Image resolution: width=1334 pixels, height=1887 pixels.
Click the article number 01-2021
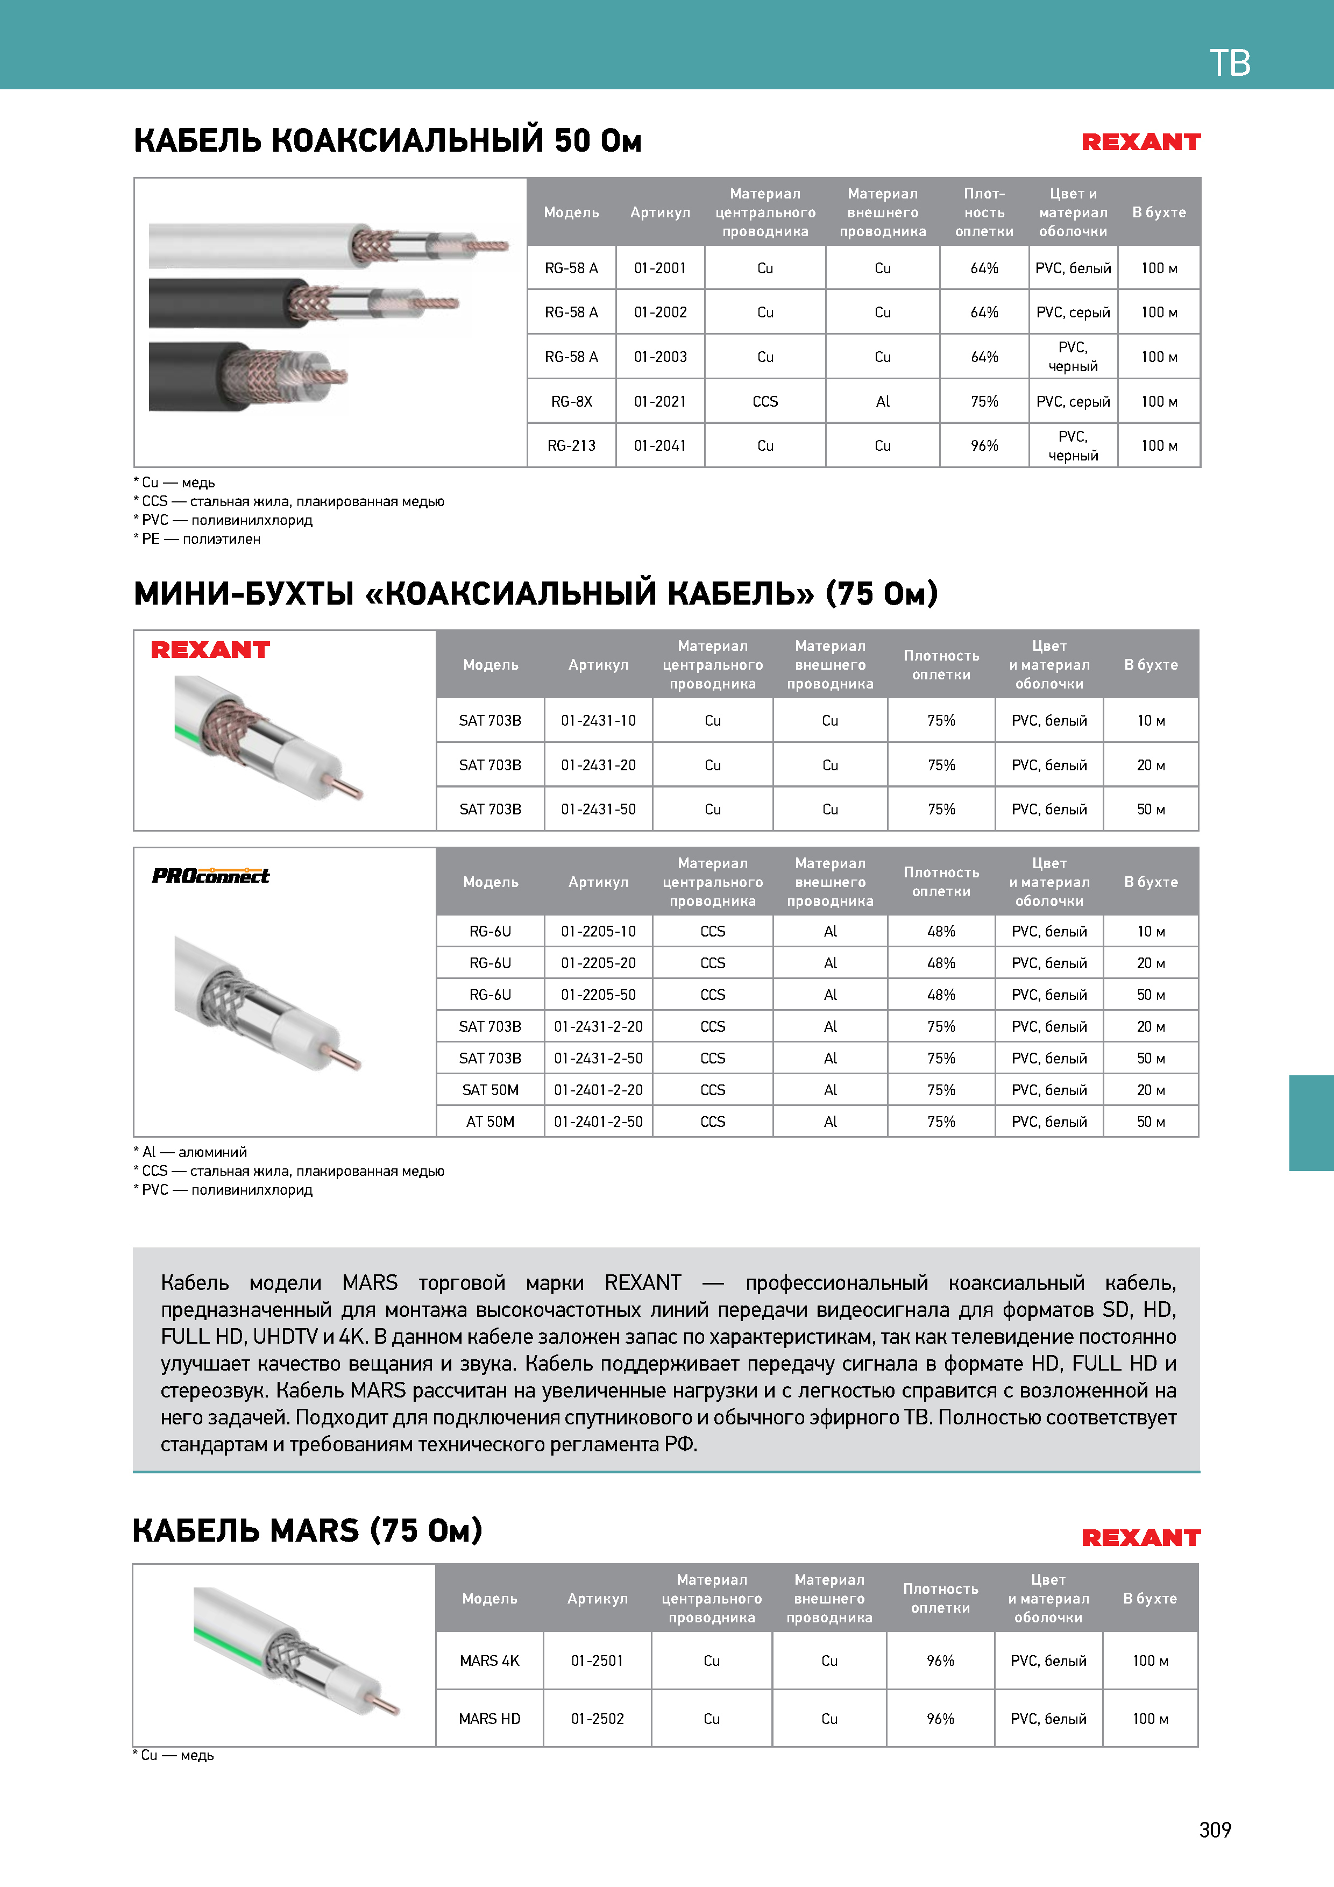click(660, 401)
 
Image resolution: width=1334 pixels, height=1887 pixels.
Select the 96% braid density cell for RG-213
click(984, 445)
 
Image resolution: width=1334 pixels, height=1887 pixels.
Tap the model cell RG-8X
click(571, 401)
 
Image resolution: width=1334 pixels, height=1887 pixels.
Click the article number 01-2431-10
click(598, 721)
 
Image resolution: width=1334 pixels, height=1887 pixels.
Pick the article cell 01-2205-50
click(598, 995)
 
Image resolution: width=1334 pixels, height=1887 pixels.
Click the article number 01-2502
click(598, 1719)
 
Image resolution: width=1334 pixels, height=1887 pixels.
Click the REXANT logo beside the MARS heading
click(1141, 1538)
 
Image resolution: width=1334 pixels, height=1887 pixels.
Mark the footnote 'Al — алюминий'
click(191, 1152)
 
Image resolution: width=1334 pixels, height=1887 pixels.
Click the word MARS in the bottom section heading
click(314, 1531)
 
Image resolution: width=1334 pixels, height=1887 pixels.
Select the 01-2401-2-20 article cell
click(598, 1090)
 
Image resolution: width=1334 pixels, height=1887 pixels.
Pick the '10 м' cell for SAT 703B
click(1151, 721)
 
